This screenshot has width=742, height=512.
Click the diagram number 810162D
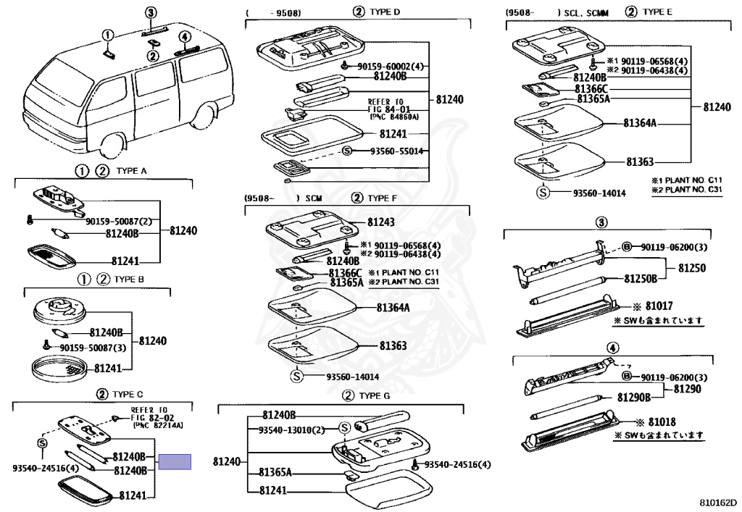[x=717, y=501]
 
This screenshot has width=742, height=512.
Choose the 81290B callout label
[x=634, y=397]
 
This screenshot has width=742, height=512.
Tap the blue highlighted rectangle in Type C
[x=175, y=461]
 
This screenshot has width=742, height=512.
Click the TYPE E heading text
[x=658, y=12]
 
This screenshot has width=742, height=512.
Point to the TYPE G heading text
[x=375, y=395]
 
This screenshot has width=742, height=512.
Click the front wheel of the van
[x=116, y=147]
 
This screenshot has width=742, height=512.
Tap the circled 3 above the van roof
[x=150, y=12]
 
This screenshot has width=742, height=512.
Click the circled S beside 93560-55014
[x=346, y=151]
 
